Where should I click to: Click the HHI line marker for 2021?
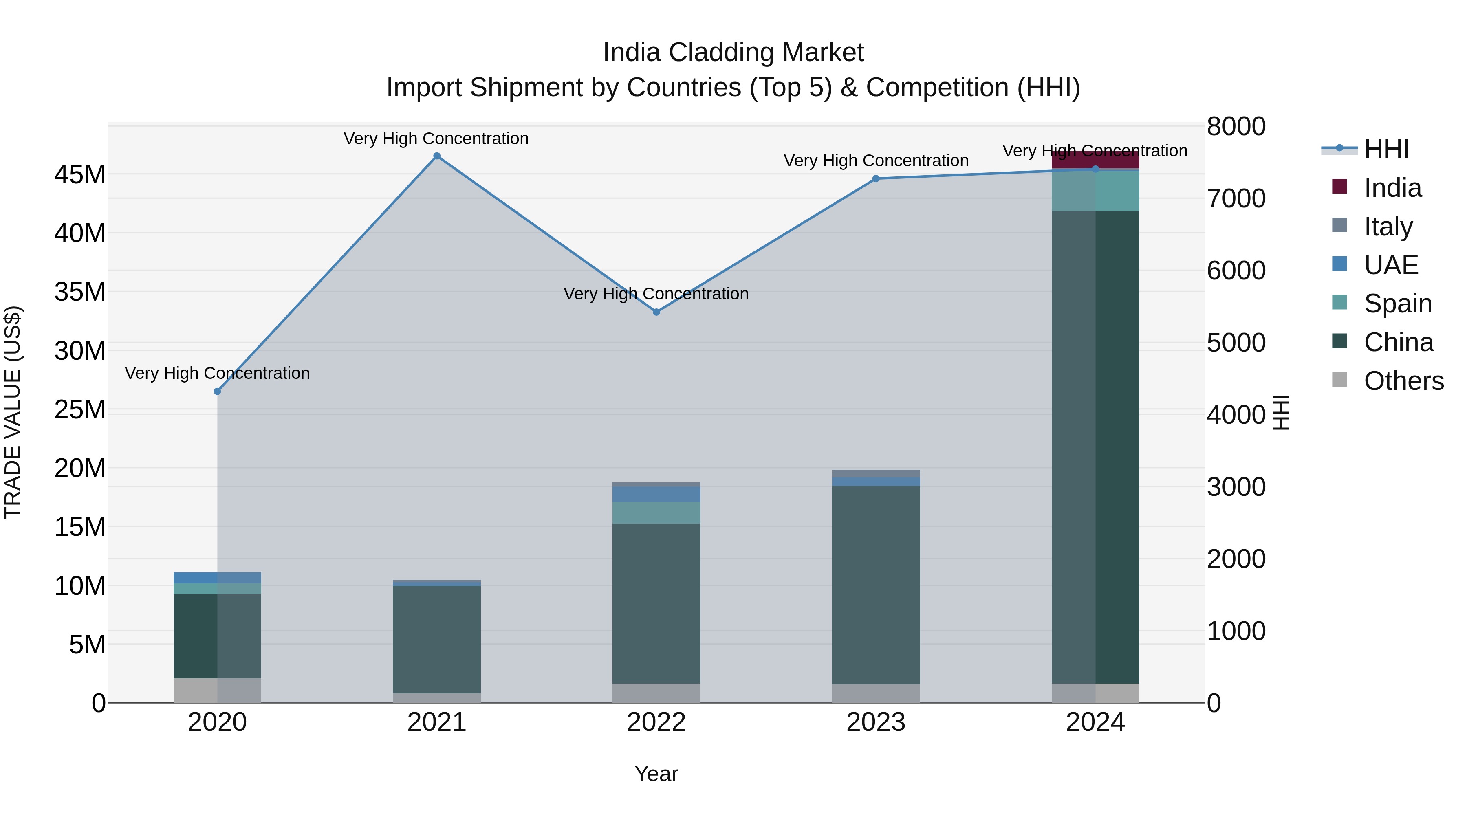437,156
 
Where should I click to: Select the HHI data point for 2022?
656,312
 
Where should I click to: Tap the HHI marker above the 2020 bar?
217,391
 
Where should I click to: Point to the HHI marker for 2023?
876,179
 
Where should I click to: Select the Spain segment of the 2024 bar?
1095,191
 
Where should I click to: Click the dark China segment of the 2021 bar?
437,638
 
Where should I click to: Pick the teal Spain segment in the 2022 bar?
656,513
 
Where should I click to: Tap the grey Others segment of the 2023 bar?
876,693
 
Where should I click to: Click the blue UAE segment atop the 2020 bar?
217,577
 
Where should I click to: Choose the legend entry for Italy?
1388,226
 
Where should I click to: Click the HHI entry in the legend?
1386,149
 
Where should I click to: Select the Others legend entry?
1403,381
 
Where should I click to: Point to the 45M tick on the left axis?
80,174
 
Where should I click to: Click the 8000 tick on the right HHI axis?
1236,126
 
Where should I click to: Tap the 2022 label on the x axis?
656,722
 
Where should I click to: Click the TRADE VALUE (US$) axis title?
13,412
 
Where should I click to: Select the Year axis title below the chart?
656,774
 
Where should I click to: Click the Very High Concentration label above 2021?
436,139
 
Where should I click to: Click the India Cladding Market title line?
733,53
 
